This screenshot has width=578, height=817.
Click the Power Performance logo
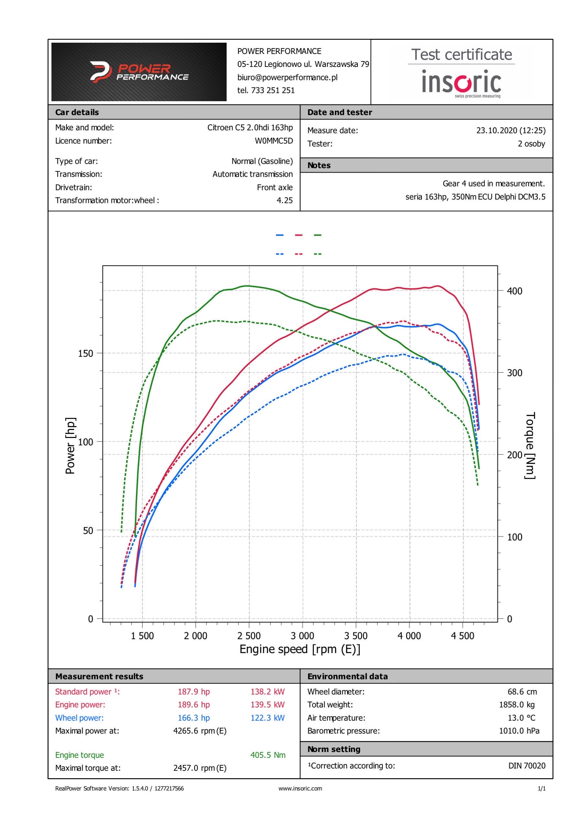click(x=139, y=72)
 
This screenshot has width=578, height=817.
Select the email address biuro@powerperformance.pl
click(x=287, y=77)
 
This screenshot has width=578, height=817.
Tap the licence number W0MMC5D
click(x=274, y=141)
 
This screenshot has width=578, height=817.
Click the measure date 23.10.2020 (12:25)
click(x=510, y=131)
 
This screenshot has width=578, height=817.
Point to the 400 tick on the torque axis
click(x=514, y=291)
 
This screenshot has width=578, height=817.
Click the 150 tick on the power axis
click(x=85, y=353)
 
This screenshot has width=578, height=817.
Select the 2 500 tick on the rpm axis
click(x=249, y=635)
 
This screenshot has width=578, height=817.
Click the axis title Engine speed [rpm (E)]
click(x=300, y=649)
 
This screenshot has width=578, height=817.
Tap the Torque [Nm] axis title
click(x=530, y=446)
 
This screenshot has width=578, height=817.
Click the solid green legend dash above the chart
click(x=317, y=235)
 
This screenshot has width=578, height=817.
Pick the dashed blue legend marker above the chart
click(x=280, y=254)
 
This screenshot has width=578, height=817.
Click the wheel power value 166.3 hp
click(x=194, y=718)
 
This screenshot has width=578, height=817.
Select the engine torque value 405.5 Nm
click(x=268, y=755)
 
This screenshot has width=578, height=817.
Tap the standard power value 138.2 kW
click(x=267, y=692)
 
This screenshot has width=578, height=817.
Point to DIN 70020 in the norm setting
click(x=526, y=766)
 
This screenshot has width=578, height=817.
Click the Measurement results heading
click(x=99, y=676)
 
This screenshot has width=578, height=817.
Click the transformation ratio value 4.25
click(x=284, y=201)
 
